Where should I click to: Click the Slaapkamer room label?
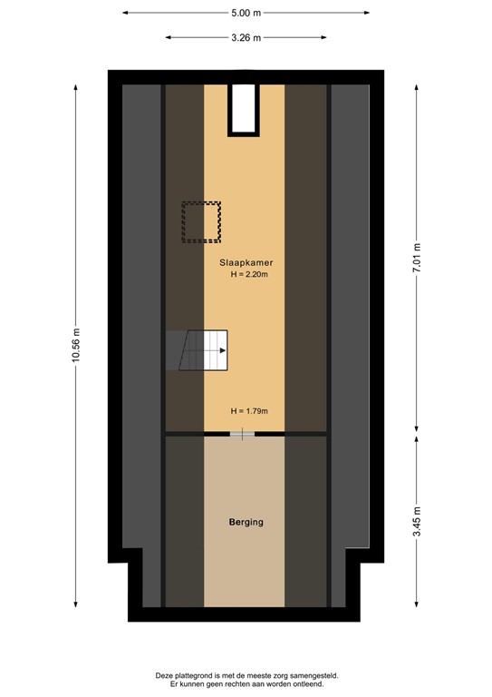point(247,262)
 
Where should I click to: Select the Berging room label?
point(246,522)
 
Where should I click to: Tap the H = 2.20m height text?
point(249,274)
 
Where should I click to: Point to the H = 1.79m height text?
point(249,410)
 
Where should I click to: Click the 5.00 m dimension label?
point(246,13)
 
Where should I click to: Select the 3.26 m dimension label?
point(246,37)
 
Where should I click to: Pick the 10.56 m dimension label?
point(76,345)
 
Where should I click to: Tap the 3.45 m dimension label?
point(417,523)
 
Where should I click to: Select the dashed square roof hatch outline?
point(201,221)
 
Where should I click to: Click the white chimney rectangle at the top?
point(243,109)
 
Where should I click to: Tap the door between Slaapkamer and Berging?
point(242,436)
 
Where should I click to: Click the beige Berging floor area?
point(245,563)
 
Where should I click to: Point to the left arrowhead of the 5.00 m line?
point(125,13)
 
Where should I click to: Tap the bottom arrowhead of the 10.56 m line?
point(76,605)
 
